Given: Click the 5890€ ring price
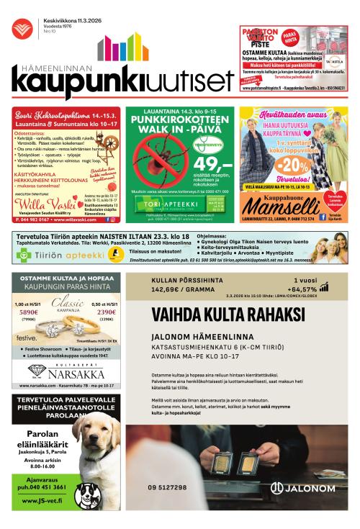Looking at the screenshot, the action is [x=29, y=313].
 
